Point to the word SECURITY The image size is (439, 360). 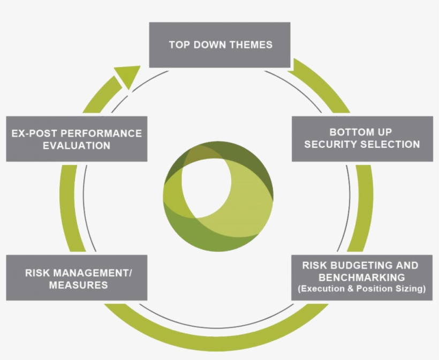331,144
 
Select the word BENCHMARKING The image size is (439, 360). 361,277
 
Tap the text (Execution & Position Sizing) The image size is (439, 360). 361,289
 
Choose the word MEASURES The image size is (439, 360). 78,285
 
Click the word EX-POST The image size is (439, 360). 33,133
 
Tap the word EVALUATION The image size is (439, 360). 77,145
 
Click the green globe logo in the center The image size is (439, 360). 218,196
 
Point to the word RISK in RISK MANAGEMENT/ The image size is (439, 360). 38,273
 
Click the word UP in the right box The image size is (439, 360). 384,132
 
